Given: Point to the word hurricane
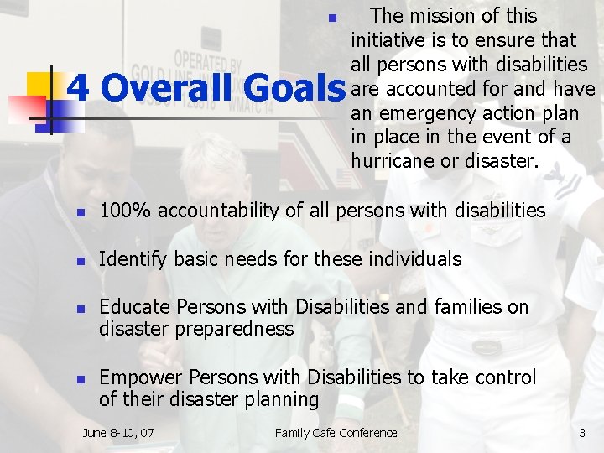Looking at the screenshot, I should (x=393, y=161).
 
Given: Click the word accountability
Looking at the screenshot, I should (x=200, y=211).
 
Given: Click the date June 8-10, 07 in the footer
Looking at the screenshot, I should (x=118, y=433).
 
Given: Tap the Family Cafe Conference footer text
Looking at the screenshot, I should (x=336, y=433).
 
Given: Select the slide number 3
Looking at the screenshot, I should (x=582, y=433).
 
